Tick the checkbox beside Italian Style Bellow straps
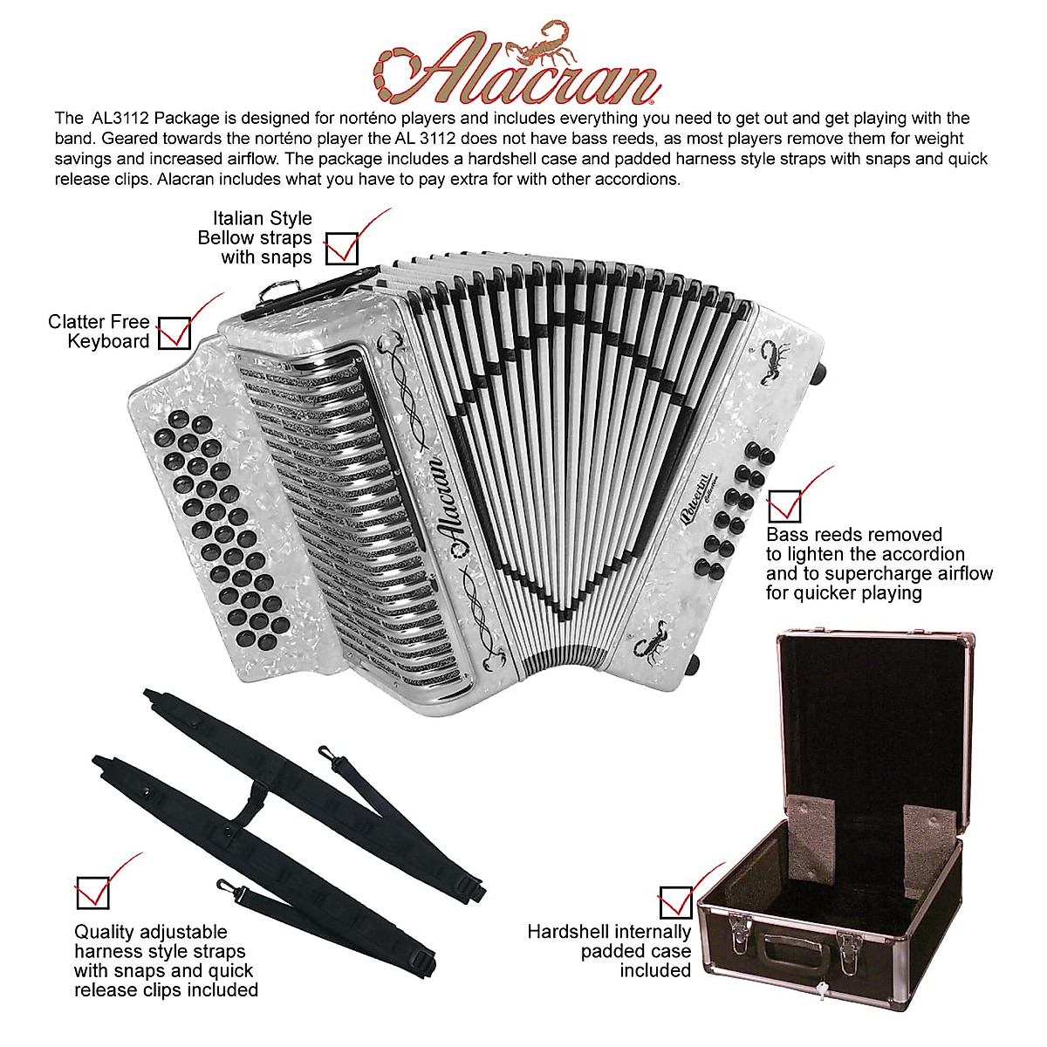[342, 247]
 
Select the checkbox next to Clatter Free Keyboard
[174, 333]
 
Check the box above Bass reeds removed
[784, 504]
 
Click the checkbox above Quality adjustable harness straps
[92, 892]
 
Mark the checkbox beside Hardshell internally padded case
[674, 902]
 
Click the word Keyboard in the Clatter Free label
[108, 342]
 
